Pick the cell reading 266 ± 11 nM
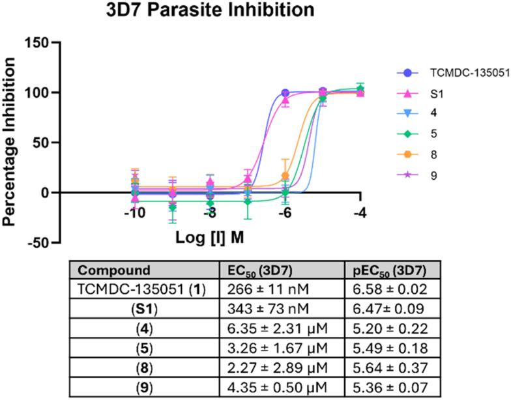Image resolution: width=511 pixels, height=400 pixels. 259,289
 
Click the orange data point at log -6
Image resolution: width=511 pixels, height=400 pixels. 285,176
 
